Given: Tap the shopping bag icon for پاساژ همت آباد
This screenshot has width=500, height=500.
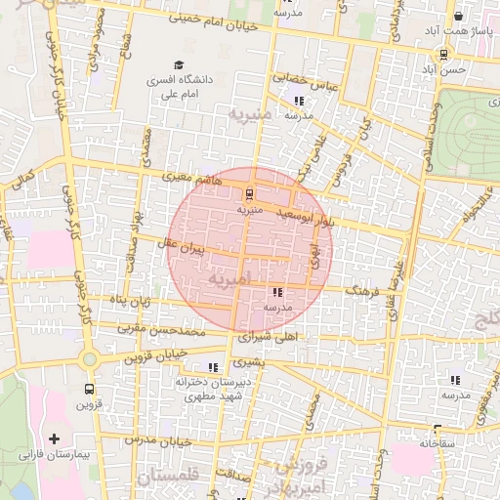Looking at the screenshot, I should pyautogui.click(x=458, y=17).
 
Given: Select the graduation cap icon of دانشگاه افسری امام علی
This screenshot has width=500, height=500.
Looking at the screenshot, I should pyautogui.click(x=178, y=63).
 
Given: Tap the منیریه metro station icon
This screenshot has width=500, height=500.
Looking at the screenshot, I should pyautogui.click(x=249, y=193).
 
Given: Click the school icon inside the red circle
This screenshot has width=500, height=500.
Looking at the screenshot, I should pyautogui.click(x=277, y=292).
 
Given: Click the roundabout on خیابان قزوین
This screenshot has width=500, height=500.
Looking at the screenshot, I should pyautogui.click(x=90, y=359).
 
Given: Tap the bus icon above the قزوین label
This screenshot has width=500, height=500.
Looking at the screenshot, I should pyautogui.click(x=90, y=389).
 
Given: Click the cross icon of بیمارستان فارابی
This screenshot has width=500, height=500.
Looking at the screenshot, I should pyautogui.click(x=54, y=438).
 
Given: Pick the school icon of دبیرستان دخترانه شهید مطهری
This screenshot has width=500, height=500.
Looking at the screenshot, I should pyautogui.click(x=214, y=367).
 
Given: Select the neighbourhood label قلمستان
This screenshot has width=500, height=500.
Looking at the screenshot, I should pyautogui.click(x=176, y=478).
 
